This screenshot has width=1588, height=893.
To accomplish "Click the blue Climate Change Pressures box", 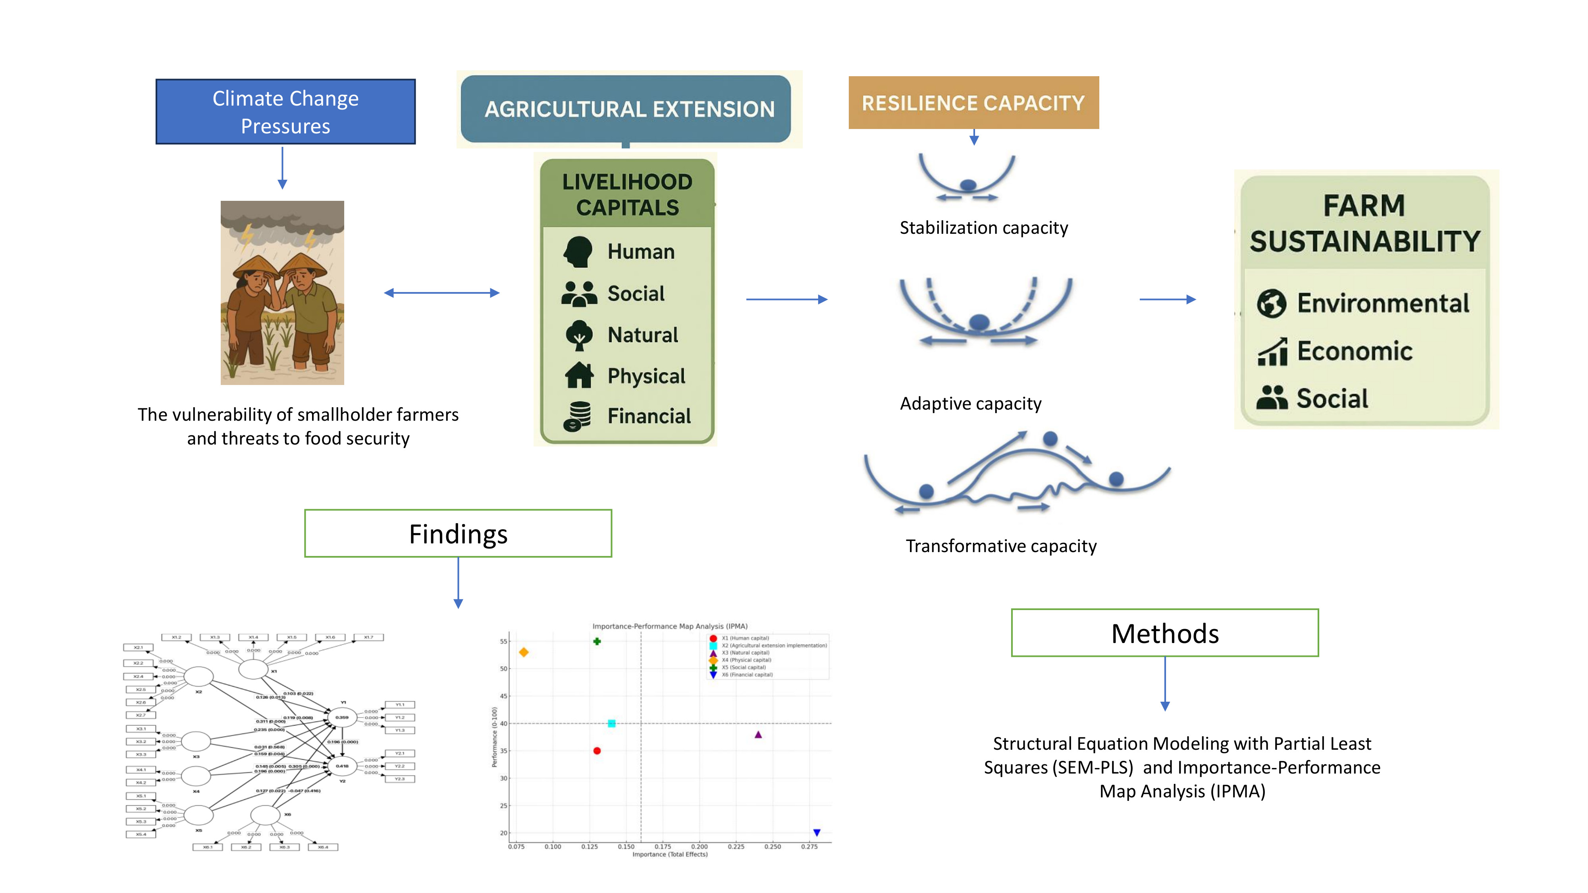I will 285,112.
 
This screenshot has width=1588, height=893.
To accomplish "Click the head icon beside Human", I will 578,252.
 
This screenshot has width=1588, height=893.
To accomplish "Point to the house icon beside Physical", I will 579,375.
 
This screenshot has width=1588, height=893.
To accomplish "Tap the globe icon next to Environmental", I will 1271,303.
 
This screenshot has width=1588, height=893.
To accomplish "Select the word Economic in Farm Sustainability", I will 1354,351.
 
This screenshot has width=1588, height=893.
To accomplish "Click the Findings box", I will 458,534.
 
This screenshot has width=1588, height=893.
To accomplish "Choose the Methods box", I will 1164,633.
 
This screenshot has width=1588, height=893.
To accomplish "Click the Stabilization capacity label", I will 983,228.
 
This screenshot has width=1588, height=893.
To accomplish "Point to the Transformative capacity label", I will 1000,546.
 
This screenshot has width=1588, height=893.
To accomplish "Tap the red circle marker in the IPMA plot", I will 597,751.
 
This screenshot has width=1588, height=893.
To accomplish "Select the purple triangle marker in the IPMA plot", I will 758,735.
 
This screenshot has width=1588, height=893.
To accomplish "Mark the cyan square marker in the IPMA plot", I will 611,724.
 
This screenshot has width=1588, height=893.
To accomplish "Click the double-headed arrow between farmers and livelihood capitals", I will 441,293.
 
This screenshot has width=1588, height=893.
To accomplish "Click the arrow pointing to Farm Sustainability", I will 1167,300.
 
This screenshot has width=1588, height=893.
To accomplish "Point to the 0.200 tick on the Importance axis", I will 699,847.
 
